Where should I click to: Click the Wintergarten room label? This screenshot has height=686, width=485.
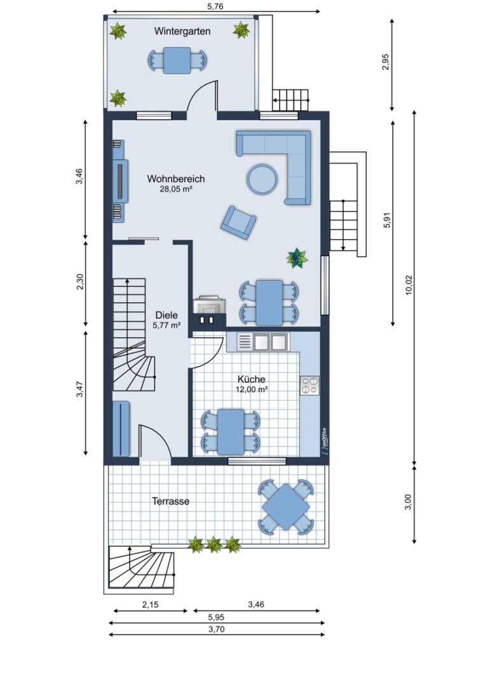click(x=182, y=32)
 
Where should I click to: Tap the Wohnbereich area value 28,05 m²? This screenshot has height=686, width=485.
click(x=176, y=189)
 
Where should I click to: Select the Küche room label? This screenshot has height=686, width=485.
click(x=252, y=379)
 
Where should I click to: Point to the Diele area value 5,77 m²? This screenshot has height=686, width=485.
click(x=167, y=325)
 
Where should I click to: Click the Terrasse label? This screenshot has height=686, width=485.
click(x=171, y=501)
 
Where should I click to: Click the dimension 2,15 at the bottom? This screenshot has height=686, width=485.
click(x=150, y=605)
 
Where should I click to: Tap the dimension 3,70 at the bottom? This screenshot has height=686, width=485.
click(x=217, y=629)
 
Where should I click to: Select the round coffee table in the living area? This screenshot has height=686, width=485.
click(x=262, y=178)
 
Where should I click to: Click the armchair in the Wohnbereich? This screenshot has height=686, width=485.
click(x=238, y=222)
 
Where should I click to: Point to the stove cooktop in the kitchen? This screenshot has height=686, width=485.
click(x=310, y=386)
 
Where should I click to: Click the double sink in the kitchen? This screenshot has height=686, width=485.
click(x=263, y=342)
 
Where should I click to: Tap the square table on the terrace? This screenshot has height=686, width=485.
click(x=286, y=507)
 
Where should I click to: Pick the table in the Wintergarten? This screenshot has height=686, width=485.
click(x=177, y=60)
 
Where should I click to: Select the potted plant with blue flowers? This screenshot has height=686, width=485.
click(x=297, y=258)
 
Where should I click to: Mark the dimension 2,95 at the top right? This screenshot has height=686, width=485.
click(x=385, y=62)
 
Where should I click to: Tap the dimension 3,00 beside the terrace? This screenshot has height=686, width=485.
click(x=408, y=502)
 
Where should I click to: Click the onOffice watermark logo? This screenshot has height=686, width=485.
click(x=324, y=441)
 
